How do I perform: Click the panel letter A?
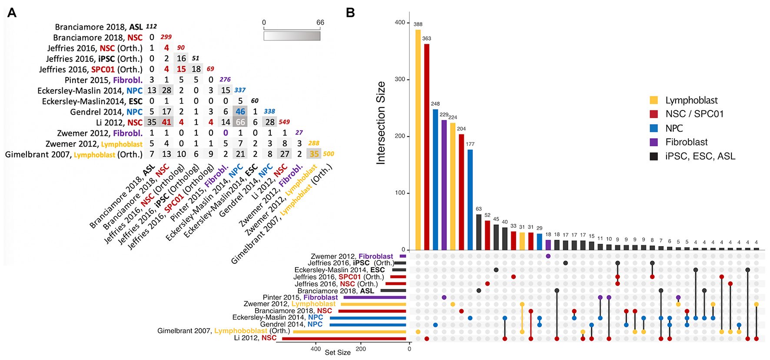pyautogui.click(x=12, y=13)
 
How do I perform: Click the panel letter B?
pyautogui.click(x=350, y=13)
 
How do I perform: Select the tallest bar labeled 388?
pyautogui.click(x=418, y=139)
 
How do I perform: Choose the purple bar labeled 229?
pyautogui.click(x=444, y=185)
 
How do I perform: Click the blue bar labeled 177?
pyautogui.click(x=470, y=200)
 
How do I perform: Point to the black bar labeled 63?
pyautogui.click(x=479, y=232)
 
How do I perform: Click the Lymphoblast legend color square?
pyautogui.click(x=654, y=100)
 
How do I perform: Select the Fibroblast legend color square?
pyautogui.click(x=654, y=142)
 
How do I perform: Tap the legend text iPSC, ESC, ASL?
pyautogui.click(x=700, y=156)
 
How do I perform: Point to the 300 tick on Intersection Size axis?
pyautogui.click(x=400, y=80)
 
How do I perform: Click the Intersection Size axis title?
pyautogui.click(x=381, y=123)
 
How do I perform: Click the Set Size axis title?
pyautogui.click(x=338, y=352)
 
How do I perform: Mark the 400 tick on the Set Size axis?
pyautogui.click(x=316, y=349)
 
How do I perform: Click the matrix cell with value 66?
pyautogui.click(x=240, y=122)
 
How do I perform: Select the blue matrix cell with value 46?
pyautogui.click(x=240, y=112)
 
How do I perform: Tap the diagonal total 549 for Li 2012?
pyautogui.click(x=284, y=122)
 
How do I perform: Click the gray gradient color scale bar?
pyautogui.click(x=292, y=36)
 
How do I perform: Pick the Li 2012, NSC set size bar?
pyautogui.click(x=344, y=338)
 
